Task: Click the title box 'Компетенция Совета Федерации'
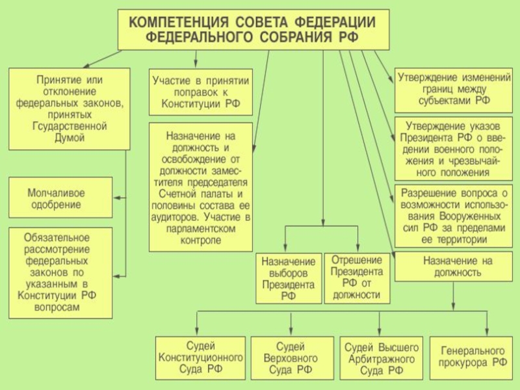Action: coord(253,29)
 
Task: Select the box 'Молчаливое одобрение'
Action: coord(60,198)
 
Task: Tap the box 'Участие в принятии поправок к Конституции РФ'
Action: coord(201,92)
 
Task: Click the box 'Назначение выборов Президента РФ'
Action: coord(289,278)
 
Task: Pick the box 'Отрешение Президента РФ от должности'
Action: coord(357,278)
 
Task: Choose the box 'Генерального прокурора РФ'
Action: coord(471,358)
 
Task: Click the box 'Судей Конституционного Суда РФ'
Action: coord(200,358)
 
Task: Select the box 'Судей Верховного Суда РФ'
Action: coord(292,358)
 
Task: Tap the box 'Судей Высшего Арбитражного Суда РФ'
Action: coord(382,358)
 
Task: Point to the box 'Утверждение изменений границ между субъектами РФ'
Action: coord(453,90)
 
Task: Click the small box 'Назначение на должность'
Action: coord(453,266)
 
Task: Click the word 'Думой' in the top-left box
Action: coord(70,138)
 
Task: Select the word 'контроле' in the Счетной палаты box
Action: coord(201,240)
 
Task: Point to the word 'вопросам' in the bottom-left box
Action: coord(57,307)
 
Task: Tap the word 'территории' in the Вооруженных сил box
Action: coord(454,239)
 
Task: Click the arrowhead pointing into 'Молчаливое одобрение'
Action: coord(117,198)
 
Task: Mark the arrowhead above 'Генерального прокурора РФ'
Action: coord(487,332)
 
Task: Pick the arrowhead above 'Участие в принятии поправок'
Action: coord(196,64)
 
